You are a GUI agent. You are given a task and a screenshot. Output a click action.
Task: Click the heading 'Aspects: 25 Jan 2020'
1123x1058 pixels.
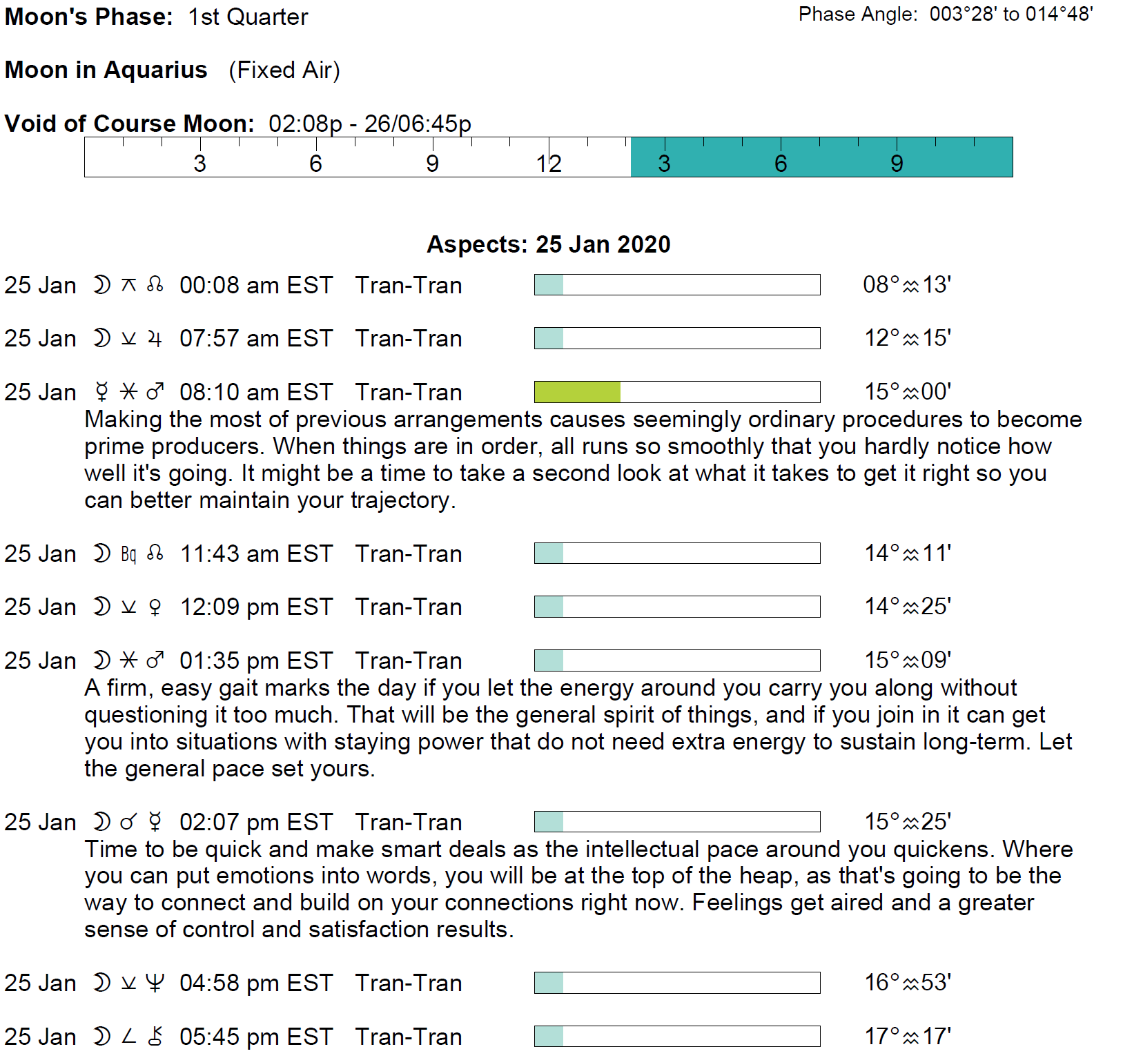(548, 244)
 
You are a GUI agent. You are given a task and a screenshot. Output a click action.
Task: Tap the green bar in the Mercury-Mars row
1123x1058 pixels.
(577, 392)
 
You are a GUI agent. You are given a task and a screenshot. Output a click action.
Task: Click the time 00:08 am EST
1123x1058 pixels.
(256, 285)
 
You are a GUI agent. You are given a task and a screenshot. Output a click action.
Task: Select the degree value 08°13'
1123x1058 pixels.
(907, 284)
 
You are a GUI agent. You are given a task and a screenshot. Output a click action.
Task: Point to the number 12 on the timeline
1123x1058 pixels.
(549, 164)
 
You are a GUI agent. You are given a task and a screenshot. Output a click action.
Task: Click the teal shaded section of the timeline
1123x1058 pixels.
(821, 157)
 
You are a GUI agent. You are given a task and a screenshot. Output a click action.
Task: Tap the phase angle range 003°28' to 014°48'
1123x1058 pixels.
(1011, 14)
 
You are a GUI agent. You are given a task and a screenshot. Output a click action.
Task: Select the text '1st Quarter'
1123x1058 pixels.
(248, 17)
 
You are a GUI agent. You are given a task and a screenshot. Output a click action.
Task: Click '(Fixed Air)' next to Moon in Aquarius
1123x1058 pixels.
(284, 70)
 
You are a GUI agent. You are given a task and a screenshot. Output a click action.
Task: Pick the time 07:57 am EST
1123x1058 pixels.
(256, 338)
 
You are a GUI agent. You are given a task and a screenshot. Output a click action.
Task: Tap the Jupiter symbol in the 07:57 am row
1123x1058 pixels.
(155, 338)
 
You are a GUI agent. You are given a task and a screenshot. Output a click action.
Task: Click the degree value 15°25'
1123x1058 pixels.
(908, 821)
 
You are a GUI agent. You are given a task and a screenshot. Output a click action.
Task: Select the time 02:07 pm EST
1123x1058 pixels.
(256, 822)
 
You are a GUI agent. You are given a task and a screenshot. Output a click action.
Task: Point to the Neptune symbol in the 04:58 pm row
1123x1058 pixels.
(155, 983)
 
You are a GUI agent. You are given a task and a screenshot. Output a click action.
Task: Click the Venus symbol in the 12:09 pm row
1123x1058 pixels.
(155, 607)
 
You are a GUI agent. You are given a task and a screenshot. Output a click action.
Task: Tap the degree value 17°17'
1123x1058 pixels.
(908, 1036)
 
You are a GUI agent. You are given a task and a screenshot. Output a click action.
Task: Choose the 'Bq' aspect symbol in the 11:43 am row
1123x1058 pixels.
(128, 554)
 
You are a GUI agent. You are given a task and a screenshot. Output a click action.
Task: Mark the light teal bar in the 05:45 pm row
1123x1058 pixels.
(549, 1036)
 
